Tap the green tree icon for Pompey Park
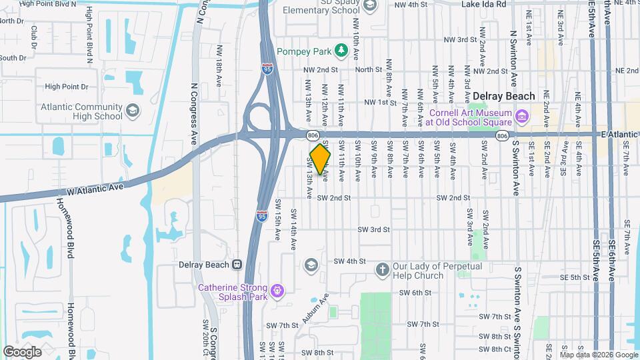341,50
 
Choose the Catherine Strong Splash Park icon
278,290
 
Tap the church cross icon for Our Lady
382,269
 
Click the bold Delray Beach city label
505,95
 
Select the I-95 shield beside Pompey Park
267,68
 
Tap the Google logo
22,351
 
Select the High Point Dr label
66,87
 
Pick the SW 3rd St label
373,229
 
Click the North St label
368,69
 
